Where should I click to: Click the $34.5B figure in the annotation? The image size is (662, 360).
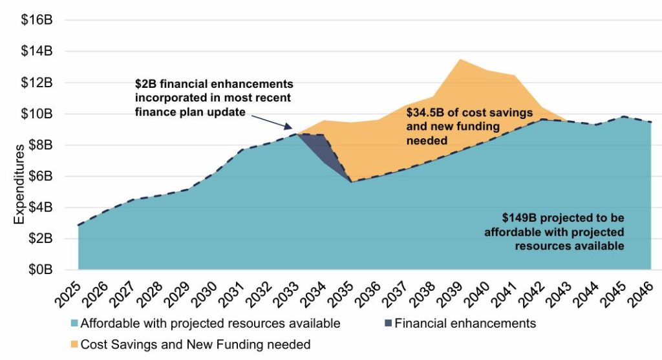(423, 112)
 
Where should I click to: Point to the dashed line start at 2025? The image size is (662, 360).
(79, 225)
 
